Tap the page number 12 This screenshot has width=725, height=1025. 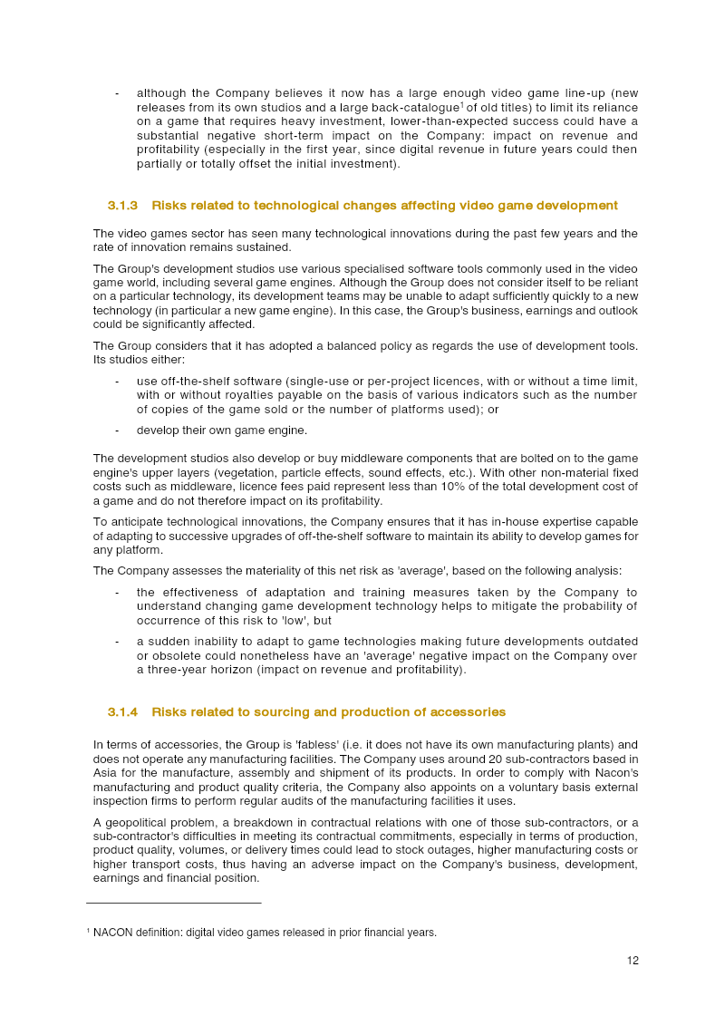coord(633,961)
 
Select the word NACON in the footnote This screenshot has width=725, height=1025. coord(111,933)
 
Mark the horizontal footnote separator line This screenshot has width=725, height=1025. coord(173,903)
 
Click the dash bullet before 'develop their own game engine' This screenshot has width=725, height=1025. coord(117,430)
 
